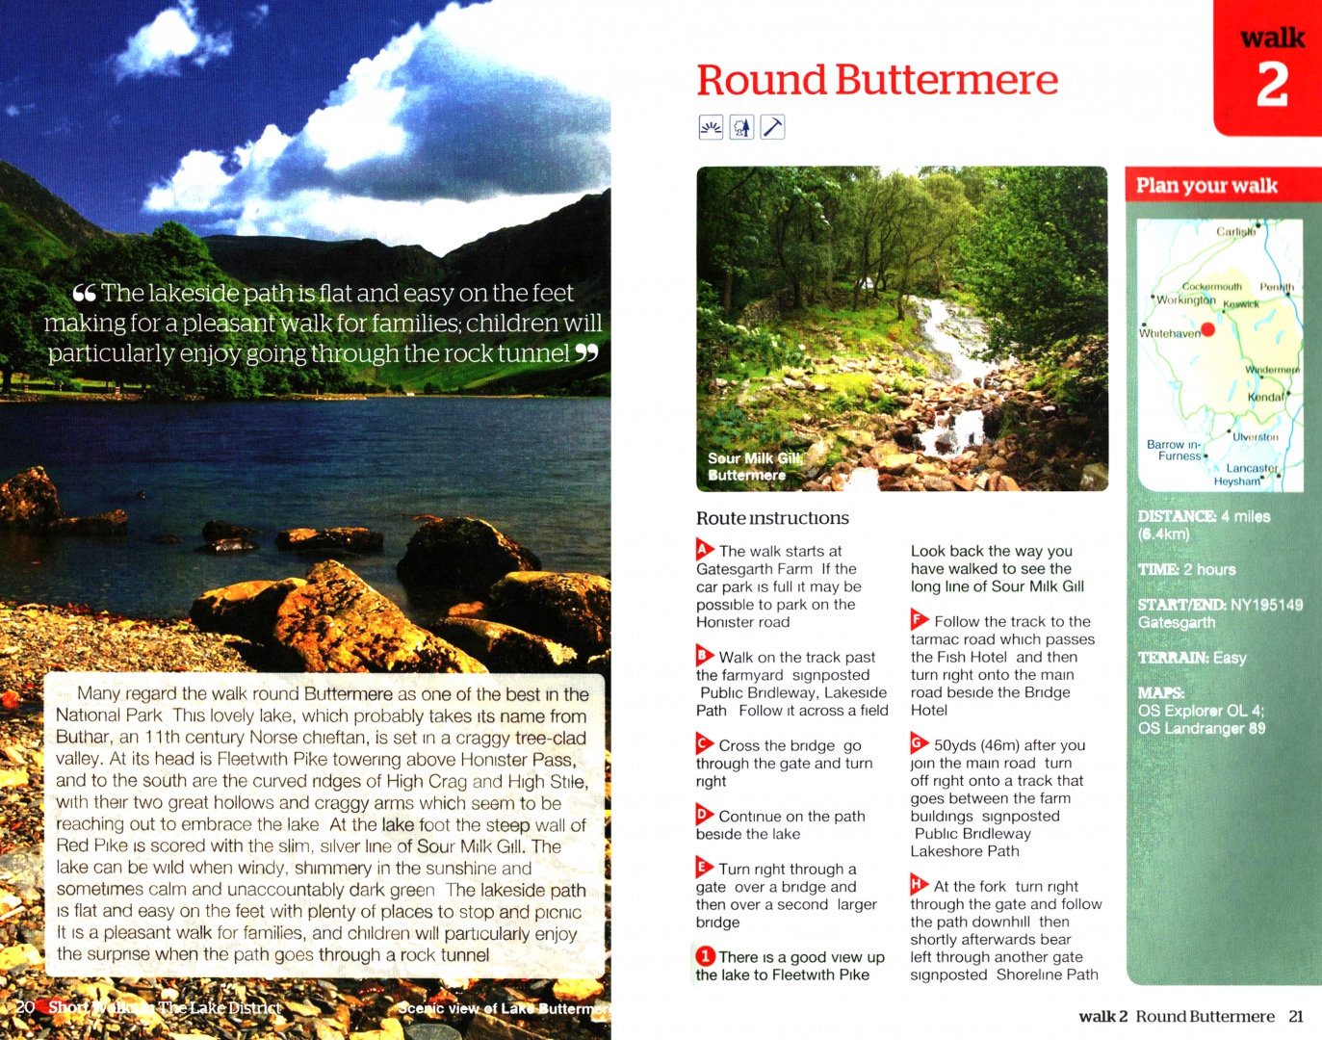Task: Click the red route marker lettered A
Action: click(x=705, y=550)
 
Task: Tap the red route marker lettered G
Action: click(x=920, y=743)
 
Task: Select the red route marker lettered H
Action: click(x=920, y=885)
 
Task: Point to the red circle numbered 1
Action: click(x=706, y=956)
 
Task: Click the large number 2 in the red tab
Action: click(x=1272, y=85)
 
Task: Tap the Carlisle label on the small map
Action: click(x=1235, y=232)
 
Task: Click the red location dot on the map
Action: click(x=1208, y=329)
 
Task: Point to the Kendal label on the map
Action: click(x=1265, y=397)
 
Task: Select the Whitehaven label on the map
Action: click(x=1169, y=333)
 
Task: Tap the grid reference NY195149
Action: click(x=1266, y=605)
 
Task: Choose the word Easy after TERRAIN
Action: click(x=1230, y=658)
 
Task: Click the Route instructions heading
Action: click(x=772, y=518)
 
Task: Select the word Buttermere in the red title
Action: click(x=946, y=80)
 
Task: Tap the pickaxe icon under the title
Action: click(x=772, y=127)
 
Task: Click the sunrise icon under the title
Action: click(x=711, y=127)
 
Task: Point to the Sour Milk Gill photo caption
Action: click(x=755, y=467)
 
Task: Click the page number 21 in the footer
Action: click(x=1296, y=1017)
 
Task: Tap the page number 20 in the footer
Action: click(x=25, y=1007)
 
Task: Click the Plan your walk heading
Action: click(x=1206, y=186)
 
